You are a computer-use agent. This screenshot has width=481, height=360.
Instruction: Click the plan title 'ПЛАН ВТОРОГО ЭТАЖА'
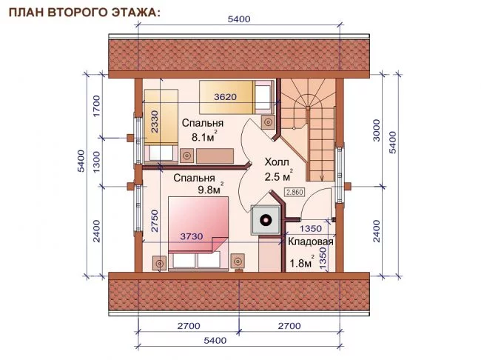(x=84, y=13)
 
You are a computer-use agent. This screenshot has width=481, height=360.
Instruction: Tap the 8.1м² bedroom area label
(x=204, y=136)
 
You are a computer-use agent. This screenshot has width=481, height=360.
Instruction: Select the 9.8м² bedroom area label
(x=211, y=189)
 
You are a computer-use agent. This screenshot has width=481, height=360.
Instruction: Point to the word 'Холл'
(x=277, y=162)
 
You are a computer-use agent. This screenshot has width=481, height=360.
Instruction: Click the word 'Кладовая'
(x=311, y=241)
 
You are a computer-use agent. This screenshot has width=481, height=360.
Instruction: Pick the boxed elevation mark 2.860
(x=295, y=193)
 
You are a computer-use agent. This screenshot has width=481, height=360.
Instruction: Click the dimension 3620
(x=226, y=97)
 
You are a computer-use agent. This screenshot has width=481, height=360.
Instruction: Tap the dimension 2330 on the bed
(x=155, y=122)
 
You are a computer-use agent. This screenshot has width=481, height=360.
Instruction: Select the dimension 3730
(x=192, y=236)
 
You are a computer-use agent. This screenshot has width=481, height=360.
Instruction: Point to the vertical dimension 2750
(x=155, y=221)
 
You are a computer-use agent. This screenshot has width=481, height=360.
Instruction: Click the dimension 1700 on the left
(x=96, y=106)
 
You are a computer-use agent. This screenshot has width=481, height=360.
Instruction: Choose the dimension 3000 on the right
(x=377, y=130)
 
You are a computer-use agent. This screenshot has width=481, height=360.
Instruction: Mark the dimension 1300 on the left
(x=96, y=162)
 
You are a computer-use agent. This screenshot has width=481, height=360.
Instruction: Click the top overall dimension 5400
(x=239, y=19)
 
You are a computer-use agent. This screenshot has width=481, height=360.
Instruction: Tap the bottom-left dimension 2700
(x=189, y=326)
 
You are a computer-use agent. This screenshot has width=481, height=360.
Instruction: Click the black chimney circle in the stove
(x=266, y=220)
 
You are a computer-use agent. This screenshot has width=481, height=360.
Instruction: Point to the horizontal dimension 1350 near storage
(x=311, y=229)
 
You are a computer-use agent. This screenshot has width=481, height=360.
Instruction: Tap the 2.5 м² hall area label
(x=278, y=176)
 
